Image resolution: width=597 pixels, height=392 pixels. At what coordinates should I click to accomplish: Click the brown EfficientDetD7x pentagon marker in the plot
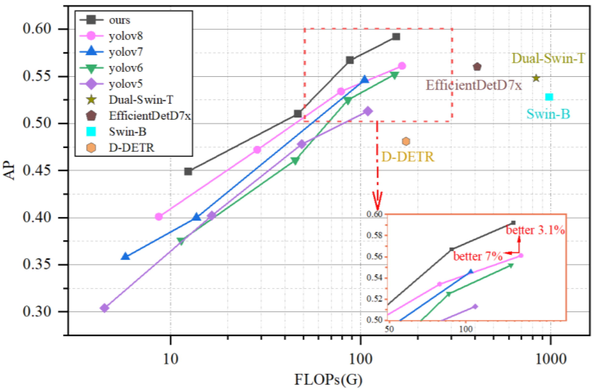477,67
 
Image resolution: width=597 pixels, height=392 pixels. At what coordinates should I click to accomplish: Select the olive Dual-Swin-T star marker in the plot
536,78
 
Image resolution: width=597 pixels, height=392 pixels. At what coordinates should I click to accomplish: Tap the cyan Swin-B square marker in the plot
549,97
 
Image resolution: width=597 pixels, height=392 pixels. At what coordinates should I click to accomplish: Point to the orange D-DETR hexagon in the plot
406,142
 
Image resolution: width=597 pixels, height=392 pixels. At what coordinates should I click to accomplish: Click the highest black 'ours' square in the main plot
396,37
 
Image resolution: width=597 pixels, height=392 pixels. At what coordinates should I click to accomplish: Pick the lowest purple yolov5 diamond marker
105,308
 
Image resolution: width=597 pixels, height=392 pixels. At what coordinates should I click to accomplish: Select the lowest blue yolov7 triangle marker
125,257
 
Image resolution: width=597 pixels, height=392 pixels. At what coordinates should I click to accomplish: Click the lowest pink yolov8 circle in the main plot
158,216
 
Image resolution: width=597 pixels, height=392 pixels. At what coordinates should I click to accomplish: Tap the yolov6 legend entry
125,68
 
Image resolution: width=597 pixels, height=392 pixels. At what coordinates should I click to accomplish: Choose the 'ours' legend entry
119,20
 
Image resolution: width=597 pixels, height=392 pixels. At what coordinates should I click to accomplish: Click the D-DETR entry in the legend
131,148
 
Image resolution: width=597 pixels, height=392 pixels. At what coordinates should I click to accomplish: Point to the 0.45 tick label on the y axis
37,170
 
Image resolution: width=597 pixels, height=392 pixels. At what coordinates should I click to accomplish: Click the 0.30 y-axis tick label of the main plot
37,312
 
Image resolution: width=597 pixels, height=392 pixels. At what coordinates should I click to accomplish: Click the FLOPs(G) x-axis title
328,380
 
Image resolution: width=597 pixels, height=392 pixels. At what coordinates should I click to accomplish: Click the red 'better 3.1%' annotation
535,230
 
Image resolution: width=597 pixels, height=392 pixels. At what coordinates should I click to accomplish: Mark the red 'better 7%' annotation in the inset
478,256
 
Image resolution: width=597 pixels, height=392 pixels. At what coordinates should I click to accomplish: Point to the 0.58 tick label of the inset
375,236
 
